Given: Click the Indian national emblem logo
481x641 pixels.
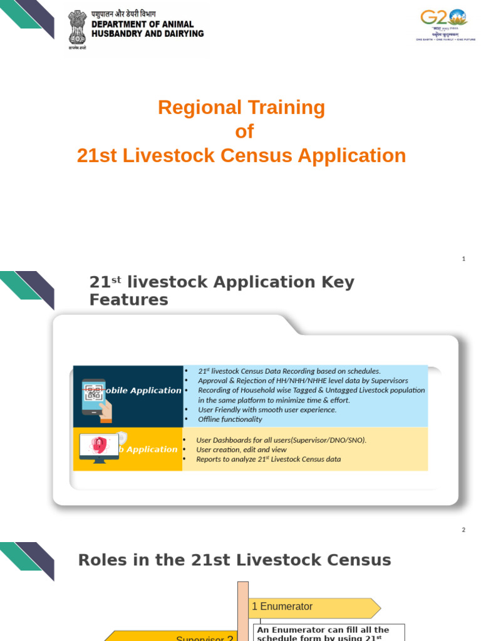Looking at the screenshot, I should pyautogui.click(x=78, y=28).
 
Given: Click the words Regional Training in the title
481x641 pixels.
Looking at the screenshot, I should pyautogui.click(x=241, y=108).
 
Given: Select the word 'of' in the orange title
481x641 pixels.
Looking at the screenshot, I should pyautogui.click(x=244, y=131).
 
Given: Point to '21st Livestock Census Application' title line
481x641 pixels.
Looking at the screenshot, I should pyautogui.click(x=241, y=156).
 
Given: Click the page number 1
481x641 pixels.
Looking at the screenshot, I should pyautogui.click(x=463, y=259).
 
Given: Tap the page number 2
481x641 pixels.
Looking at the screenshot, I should pyautogui.click(x=463, y=530).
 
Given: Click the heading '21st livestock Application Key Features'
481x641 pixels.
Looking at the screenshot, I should pyautogui.click(x=222, y=290).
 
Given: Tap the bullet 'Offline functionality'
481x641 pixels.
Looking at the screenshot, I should pyautogui.click(x=230, y=419).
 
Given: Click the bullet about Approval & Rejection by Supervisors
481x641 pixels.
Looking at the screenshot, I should pyautogui.click(x=303, y=381).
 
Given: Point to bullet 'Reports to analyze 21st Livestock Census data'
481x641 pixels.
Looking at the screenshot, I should pyautogui.click(x=268, y=459).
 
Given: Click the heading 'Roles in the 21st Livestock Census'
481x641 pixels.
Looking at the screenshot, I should pyautogui.click(x=234, y=560).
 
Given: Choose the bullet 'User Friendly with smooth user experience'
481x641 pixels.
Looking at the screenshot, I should pyautogui.click(x=267, y=409).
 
